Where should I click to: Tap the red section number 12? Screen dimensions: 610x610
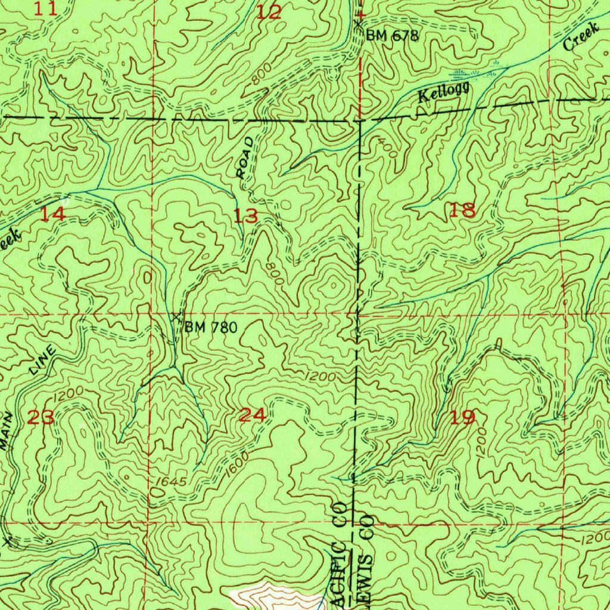(269, 12)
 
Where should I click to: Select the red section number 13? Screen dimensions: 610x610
(245, 216)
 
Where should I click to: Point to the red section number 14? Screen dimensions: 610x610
(52, 214)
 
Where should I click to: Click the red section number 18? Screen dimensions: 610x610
(463, 210)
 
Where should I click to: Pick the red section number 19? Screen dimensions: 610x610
(463, 417)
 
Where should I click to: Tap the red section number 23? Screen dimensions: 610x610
(41, 417)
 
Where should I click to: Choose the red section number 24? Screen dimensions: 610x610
(252, 415)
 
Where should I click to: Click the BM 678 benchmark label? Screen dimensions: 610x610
(392, 36)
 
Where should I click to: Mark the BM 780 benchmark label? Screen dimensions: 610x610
(211, 327)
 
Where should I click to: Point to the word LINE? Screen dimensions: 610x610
(43, 360)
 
